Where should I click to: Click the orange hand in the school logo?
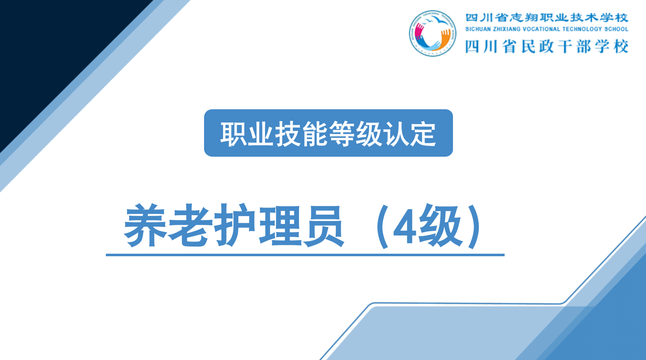point(444,38)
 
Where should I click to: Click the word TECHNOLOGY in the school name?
point(582,29)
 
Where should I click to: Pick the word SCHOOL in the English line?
point(616,29)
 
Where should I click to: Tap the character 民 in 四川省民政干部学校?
point(528,47)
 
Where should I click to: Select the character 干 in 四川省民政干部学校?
point(565,47)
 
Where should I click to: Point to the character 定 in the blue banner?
point(423,133)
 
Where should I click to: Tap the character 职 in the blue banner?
point(233,133)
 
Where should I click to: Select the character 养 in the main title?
point(146,225)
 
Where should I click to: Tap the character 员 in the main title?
point(323,225)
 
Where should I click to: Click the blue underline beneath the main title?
point(305,255)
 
